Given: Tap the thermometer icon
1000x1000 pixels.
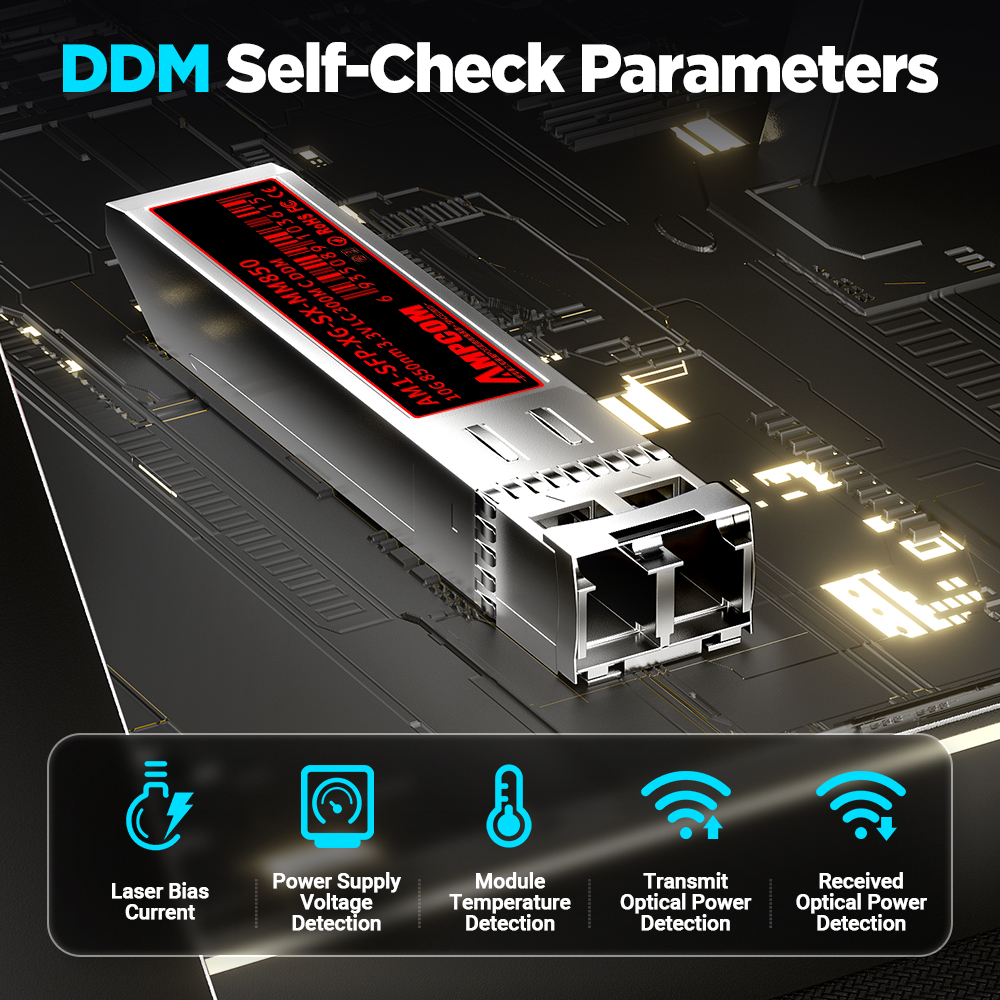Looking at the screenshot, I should click(x=510, y=805).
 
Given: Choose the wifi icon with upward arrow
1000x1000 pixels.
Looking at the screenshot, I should click(x=685, y=805).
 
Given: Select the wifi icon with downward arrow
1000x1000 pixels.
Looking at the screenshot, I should click(x=860, y=805).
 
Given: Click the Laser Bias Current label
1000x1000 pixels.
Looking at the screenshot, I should click(x=160, y=901).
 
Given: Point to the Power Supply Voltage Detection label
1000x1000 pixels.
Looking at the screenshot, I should click(x=336, y=902).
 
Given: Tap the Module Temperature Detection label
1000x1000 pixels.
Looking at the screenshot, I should click(x=510, y=902).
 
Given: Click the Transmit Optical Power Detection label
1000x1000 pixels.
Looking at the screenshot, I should click(x=685, y=902).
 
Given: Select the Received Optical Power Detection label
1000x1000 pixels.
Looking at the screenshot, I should click(x=860, y=902).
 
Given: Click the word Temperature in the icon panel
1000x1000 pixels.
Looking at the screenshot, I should click(x=510, y=902).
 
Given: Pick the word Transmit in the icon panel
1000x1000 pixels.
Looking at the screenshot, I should click(x=685, y=881).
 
